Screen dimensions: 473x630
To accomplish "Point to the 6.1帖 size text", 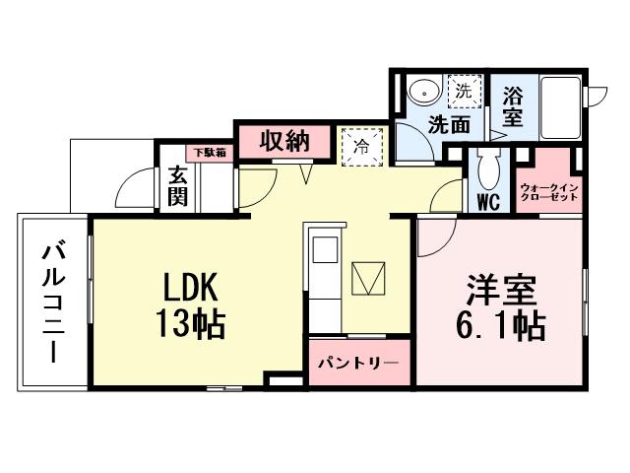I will coord(500,325).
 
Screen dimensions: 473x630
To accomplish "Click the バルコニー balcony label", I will coord(52,303).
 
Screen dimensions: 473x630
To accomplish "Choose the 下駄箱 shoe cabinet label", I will coord(208,153).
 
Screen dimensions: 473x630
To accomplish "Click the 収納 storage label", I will coord(284,142).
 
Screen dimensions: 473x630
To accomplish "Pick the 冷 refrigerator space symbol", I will coord(360,148).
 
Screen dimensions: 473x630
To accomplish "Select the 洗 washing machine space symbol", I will coord(464,91).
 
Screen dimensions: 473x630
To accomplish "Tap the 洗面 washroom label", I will coord(448,125).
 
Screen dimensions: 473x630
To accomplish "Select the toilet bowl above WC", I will coord(487,170).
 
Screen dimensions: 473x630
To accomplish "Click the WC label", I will coord(487,203).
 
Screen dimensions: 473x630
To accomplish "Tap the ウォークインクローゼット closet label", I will coord(549,190).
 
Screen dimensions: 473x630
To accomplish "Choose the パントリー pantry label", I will coord(357,363).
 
